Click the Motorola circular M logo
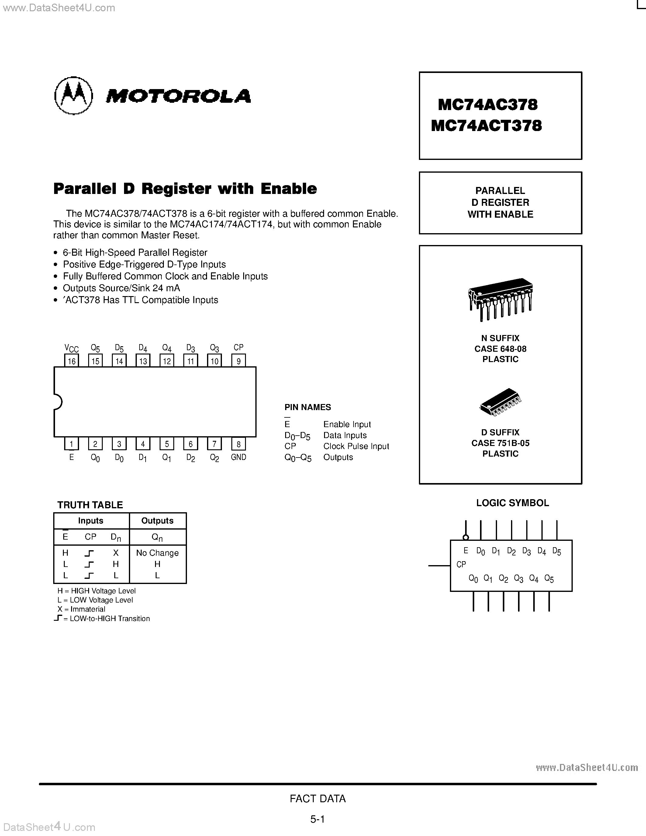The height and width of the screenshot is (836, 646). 74,95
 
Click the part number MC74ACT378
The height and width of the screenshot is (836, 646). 486,126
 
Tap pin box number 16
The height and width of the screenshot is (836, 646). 71,361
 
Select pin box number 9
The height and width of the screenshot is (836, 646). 238,361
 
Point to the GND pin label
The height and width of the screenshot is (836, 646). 238,457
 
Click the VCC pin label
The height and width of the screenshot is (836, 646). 71,348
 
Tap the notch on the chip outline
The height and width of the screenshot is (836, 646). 58,402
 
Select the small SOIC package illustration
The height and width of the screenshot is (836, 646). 500,402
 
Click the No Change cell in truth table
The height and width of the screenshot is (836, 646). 157,553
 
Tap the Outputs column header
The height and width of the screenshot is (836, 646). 157,520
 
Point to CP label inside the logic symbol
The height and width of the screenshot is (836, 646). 461,564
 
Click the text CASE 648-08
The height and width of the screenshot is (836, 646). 500,349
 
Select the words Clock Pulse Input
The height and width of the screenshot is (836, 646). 356,446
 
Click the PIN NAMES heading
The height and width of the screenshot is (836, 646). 308,407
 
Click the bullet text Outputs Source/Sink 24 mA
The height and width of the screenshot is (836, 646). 121,288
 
